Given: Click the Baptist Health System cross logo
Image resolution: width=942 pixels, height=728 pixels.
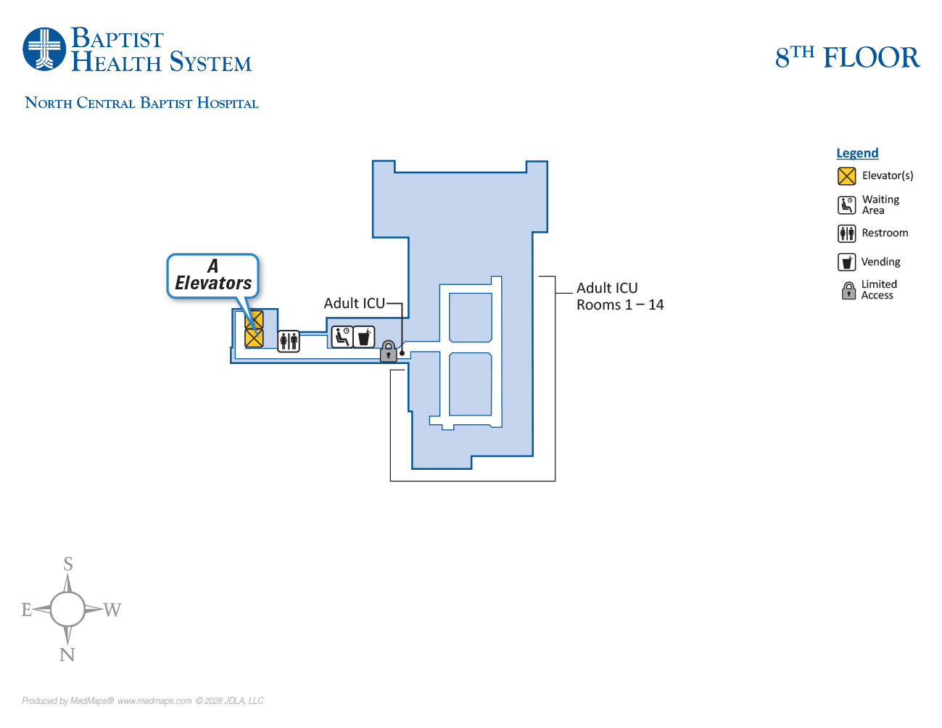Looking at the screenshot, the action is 44,49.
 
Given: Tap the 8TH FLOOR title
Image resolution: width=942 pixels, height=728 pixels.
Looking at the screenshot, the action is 847,57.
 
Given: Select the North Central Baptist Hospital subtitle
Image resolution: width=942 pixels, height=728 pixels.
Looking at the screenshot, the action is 141,103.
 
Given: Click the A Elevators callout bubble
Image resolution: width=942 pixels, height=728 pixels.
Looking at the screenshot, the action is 213,276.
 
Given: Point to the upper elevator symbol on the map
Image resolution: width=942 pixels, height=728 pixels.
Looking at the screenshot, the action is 254,319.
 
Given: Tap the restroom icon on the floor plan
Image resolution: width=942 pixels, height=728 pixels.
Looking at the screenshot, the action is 289,341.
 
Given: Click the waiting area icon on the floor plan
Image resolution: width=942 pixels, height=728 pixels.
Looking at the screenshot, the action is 342,336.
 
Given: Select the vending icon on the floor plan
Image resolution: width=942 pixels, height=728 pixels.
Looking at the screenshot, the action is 364,337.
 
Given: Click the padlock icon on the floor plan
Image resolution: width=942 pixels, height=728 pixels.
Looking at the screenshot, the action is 389,352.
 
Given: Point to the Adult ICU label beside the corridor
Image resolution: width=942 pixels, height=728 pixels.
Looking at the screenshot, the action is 354,303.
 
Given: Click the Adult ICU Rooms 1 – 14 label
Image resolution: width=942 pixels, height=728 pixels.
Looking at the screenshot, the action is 620,297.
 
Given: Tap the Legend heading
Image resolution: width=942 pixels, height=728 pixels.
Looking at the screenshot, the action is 857,153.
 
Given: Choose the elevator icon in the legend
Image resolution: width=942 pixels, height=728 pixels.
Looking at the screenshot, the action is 846,176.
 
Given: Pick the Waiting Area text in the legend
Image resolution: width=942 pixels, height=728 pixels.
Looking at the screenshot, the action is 880,204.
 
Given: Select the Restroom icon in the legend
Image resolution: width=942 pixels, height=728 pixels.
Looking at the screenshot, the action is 846,233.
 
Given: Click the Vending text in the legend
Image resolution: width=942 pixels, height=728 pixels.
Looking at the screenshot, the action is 880,262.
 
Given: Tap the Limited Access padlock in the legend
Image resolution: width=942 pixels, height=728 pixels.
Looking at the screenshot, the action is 848,291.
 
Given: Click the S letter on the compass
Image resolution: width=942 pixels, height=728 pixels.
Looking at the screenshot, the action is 68,563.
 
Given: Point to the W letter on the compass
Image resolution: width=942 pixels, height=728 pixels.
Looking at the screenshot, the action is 112,610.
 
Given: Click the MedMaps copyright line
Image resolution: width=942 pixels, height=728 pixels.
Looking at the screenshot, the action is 143,701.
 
